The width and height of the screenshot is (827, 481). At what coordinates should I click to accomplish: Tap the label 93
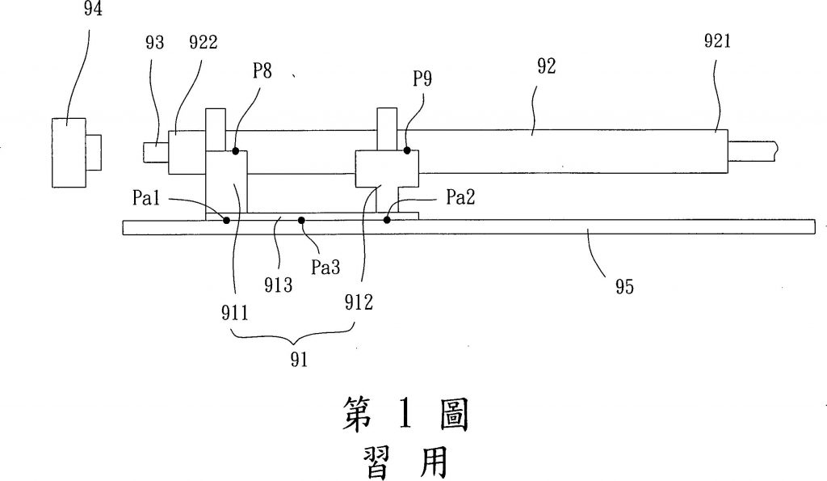coord(153,43)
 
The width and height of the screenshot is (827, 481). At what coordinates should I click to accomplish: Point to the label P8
coord(261,71)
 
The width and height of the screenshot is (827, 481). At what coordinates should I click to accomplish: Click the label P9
coord(422,79)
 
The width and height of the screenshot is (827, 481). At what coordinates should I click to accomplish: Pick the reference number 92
coord(547,68)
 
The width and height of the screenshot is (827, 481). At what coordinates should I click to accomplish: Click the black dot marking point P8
coord(235,150)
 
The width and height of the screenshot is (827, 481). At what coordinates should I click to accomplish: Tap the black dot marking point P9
coord(407,150)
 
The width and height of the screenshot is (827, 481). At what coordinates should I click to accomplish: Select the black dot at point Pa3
coord(301,219)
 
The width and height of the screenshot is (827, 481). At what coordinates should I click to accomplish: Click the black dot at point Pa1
coord(225,219)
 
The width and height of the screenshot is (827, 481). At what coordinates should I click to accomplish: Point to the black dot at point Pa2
coord(388,219)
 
